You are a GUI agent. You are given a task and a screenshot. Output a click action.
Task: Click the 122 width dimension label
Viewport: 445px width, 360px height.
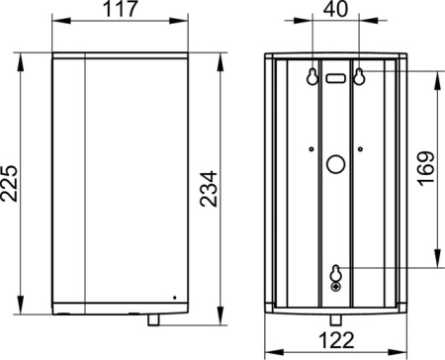pos(337,340)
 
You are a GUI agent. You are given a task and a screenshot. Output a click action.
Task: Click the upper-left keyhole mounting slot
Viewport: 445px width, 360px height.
pos(314,75)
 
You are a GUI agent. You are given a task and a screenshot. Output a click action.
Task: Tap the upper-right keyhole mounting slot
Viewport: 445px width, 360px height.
pos(359,75)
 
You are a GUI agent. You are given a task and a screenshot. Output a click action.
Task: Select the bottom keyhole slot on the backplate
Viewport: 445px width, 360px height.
pos(336,272)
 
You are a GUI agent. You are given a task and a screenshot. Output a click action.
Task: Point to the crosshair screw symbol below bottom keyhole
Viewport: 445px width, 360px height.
pos(336,287)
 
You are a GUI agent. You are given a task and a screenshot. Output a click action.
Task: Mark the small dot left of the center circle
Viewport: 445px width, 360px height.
pos(311,149)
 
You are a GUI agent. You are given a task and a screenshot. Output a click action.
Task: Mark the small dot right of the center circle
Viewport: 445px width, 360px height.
pos(361,149)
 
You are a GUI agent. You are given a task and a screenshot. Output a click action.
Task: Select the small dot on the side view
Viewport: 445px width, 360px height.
pos(174,295)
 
